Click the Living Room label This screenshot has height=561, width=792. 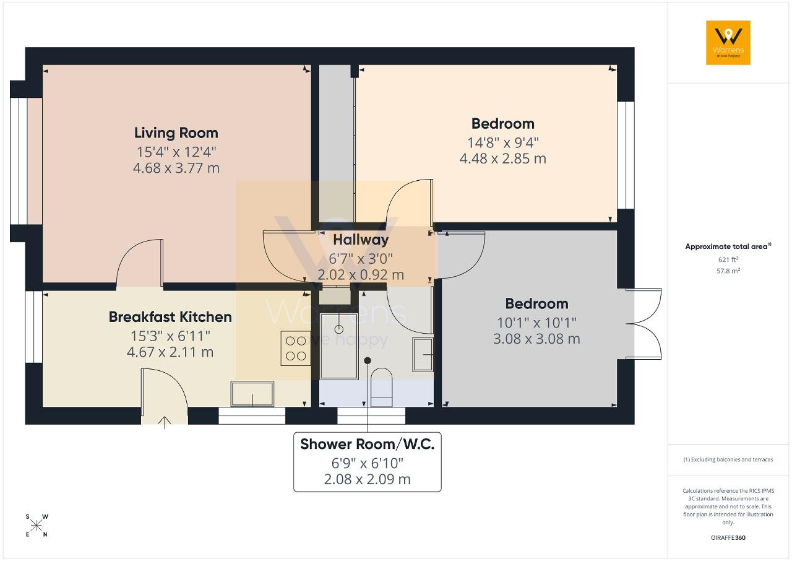(x=176, y=133)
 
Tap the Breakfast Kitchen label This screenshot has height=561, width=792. (x=170, y=317)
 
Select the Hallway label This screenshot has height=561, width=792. (x=361, y=240)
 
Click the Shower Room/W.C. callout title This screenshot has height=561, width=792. (x=368, y=444)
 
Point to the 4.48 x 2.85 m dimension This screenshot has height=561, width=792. (x=503, y=159)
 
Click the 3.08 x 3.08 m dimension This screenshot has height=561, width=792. (x=536, y=339)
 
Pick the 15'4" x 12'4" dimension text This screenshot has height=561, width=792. (x=176, y=152)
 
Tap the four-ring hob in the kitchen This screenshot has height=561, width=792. (x=296, y=348)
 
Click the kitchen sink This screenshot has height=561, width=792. (x=252, y=394)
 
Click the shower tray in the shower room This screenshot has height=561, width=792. (x=338, y=346)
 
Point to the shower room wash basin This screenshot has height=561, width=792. (x=423, y=354)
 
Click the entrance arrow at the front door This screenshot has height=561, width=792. (x=165, y=422)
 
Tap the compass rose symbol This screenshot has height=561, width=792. (x=37, y=526)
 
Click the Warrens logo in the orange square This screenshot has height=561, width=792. (x=728, y=43)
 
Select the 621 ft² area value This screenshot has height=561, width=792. (x=728, y=259)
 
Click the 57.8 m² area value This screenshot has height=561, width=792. (x=728, y=271)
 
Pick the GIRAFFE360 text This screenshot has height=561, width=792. (x=728, y=537)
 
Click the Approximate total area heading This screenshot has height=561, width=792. (x=728, y=246)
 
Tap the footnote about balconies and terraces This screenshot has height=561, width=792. (x=728, y=459)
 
